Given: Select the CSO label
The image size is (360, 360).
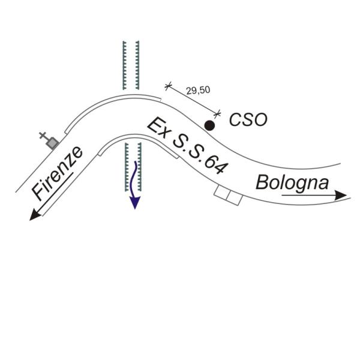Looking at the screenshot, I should (x=248, y=120).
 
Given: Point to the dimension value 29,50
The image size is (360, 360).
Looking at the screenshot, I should (x=198, y=91).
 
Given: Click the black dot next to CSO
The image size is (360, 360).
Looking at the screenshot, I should (x=209, y=125).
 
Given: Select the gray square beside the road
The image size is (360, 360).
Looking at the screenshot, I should (x=53, y=142).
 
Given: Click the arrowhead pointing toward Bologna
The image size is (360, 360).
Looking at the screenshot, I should (x=341, y=195).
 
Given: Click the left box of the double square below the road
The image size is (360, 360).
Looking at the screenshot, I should (x=222, y=194).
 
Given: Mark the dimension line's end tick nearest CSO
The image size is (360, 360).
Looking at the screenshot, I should (x=218, y=113).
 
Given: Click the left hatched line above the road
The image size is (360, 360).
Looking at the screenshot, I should (x=124, y=66).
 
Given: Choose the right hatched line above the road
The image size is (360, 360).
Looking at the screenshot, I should (x=139, y=66).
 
